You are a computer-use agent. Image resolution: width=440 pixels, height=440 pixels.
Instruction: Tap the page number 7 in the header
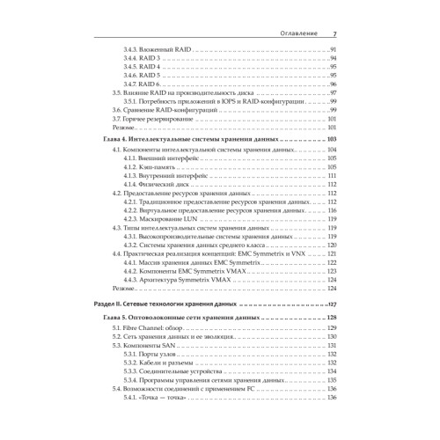point(334,34)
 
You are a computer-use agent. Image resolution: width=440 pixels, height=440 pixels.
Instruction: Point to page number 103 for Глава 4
point(332,141)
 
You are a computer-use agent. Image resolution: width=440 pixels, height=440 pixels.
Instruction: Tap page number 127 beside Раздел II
point(332,303)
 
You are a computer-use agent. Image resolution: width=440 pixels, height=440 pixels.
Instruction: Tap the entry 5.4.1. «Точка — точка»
point(158,396)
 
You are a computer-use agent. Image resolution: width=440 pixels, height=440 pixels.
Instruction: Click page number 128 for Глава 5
point(332,316)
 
